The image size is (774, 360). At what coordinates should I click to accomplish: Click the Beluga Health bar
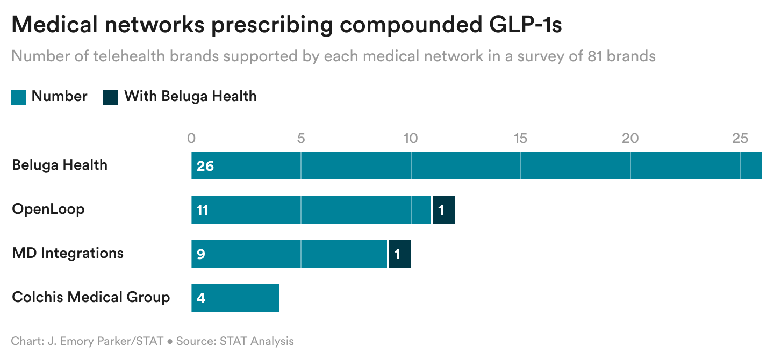point(476,165)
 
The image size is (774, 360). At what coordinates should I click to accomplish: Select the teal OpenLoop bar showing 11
point(311,210)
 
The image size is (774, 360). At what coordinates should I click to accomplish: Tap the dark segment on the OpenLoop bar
point(443,210)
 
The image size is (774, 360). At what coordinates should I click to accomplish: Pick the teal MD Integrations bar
point(289,254)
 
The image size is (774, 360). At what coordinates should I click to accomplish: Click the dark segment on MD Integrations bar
point(399,254)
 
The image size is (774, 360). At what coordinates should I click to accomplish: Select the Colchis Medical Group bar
point(235,298)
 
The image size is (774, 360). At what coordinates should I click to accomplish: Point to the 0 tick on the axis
point(191,138)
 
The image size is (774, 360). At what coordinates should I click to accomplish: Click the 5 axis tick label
point(301,138)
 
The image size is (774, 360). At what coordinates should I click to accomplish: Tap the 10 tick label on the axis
point(411,138)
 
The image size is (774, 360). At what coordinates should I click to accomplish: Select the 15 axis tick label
point(520,138)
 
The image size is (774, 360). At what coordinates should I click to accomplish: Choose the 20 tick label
point(630,138)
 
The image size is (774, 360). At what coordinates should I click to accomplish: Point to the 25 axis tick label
point(740,138)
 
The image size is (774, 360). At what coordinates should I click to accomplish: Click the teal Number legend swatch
point(18,97)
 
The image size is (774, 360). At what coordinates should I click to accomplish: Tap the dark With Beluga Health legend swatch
point(111,97)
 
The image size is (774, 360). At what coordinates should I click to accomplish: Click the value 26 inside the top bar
point(205,166)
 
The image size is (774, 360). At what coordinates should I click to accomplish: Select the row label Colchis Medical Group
point(91,297)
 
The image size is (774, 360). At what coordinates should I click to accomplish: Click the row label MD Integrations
point(68,253)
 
